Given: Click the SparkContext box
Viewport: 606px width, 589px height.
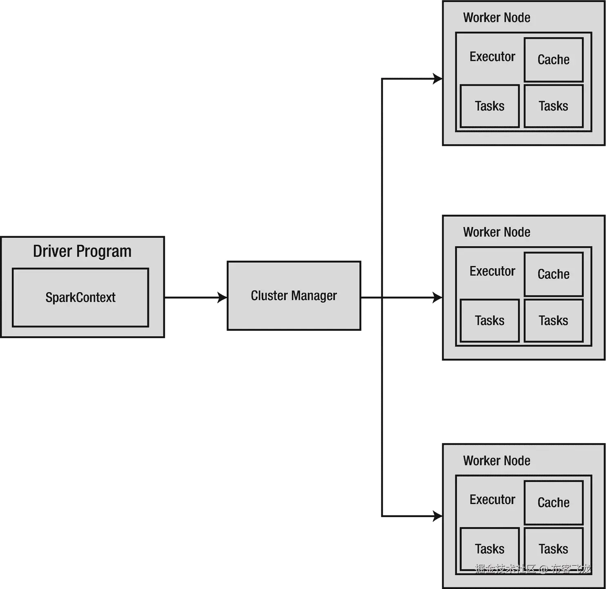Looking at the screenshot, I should pos(80,297).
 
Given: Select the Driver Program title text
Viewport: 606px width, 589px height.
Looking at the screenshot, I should pos(82,251).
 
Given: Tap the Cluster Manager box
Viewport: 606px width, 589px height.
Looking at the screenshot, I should pos(294,295).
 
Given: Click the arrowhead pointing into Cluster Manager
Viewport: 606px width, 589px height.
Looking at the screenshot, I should pos(222,297).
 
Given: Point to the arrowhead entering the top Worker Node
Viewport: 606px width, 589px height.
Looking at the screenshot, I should pos(437,78).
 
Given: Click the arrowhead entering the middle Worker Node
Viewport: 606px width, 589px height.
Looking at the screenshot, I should pos(437,297).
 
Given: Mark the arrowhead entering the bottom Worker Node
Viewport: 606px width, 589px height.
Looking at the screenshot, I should pos(437,516).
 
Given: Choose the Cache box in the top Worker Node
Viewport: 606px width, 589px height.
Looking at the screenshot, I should pos(553,60).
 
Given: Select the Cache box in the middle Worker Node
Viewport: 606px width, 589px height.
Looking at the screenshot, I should pos(553,274).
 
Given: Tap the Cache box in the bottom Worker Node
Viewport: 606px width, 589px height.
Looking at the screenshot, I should pos(553,502).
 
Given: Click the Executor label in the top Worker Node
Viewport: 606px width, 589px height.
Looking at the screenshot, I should pos(492,56).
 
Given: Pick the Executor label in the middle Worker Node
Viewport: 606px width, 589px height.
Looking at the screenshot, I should pos(492,271).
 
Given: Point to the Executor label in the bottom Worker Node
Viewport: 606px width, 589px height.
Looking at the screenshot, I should pos(492,499).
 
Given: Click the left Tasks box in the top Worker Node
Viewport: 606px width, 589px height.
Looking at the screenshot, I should pos(490,106).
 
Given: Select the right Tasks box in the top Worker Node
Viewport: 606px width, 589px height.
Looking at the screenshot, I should pos(553,106).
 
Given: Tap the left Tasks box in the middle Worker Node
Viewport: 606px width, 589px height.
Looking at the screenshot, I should pos(490,321).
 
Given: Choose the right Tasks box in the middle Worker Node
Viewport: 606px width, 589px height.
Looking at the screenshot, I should pos(553,321).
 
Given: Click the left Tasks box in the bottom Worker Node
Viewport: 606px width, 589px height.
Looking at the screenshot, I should pos(490,549).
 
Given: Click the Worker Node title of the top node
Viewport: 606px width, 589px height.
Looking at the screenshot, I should pos(497,18).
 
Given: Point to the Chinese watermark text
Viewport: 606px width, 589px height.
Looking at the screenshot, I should pos(533,569).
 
